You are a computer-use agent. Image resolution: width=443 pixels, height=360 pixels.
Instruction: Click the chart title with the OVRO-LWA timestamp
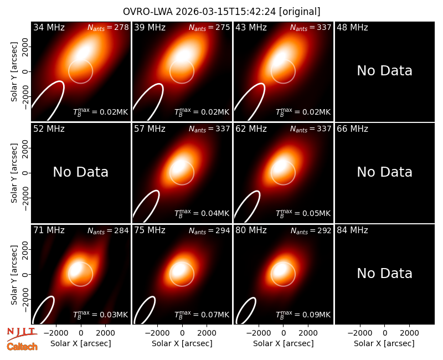[x=221, y=12]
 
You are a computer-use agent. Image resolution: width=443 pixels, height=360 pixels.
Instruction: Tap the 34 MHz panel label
[x=49, y=27]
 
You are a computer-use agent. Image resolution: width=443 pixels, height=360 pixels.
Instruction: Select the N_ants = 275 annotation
[x=209, y=27]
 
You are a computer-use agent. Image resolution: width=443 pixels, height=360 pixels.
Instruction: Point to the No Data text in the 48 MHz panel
[x=384, y=71]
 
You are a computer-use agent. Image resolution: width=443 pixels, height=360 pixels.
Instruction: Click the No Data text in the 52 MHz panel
[x=80, y=172]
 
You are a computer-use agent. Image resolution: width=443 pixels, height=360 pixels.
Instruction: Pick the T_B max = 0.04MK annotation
[x=202, y=213]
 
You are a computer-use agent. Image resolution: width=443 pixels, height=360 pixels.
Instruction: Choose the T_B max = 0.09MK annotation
[x=303, y=314]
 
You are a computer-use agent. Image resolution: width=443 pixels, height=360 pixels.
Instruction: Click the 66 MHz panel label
[x=352, y=129]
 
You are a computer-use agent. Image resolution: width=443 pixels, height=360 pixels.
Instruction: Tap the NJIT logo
[x=22, y=333]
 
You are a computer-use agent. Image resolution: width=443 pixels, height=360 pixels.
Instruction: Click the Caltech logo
[x=22, y=347]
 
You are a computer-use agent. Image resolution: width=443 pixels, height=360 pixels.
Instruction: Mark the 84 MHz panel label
[x=352, y=230]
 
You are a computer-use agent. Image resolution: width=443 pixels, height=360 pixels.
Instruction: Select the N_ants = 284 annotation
[x=108, y=230]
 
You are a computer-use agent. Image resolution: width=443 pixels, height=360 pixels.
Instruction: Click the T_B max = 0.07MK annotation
[x=202, y=314]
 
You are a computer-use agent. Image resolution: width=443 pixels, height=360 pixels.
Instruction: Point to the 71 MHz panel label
[x=49, y=230]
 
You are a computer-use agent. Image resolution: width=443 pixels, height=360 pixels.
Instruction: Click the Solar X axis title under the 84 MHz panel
[x=384, y=343]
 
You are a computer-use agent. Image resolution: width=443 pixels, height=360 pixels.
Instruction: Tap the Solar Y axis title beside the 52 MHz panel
[x=14, y=173]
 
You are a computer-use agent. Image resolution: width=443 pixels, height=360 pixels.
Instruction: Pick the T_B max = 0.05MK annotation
[x=303, y=213]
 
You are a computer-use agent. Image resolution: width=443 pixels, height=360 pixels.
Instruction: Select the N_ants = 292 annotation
[x=311, y=230]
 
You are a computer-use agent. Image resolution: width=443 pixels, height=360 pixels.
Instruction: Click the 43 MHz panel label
[x=251, y=27]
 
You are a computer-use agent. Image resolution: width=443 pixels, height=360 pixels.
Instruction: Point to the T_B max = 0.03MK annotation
[x=101, y=314]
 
